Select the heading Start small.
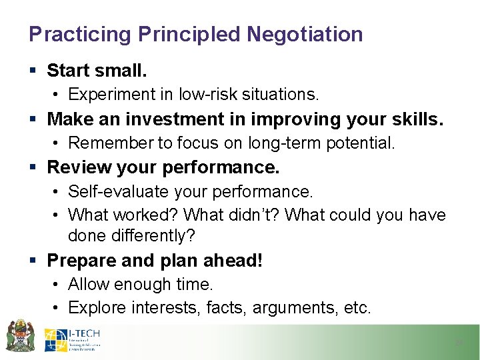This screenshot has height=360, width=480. tap(97, 70)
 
